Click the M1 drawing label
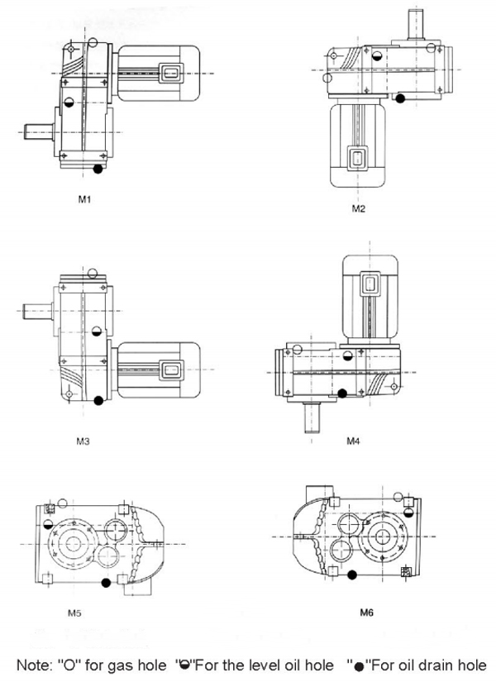(x=85, y=199)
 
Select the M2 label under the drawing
(x=358, y=209)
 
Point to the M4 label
(x=352, y=441)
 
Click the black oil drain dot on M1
(x=98, y=169)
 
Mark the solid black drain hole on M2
(x=400, y=98)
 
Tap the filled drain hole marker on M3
(x=99, y=401)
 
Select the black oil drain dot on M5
(x=105, y=584)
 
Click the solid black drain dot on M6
(x=353, y=574)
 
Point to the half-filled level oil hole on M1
(x=69, y=103)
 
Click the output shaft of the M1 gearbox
(x=37, y=130)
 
